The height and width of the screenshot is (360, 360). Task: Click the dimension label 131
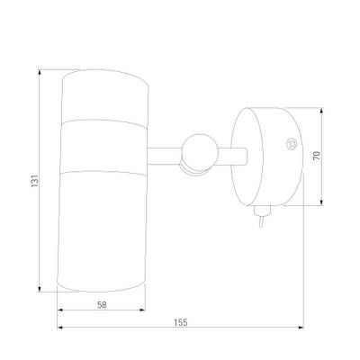tap(35, 181)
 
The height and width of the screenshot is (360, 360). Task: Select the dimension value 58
tap(102, 305)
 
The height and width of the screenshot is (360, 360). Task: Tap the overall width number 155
tap(181, 322)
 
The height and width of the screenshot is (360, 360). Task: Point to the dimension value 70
tap(317, 156)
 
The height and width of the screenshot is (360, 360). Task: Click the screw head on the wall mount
tap(292, 143)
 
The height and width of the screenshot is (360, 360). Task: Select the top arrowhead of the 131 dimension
tap(40, 73)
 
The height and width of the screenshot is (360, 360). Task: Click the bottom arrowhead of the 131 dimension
tap(40, 288)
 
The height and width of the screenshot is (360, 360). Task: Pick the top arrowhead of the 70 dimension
tap(321, 112)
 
